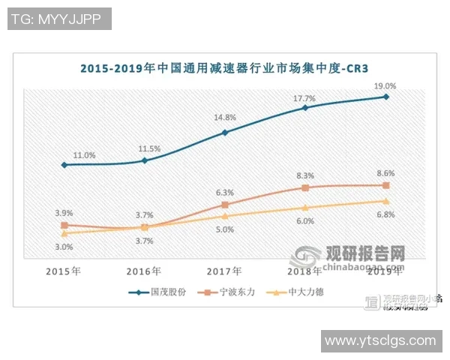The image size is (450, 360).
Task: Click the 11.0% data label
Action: coord(83,154)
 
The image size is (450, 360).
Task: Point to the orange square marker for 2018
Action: coord(305,187)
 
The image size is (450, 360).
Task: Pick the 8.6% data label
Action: coord(386,174)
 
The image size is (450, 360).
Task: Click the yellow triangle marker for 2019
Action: coord(386,201)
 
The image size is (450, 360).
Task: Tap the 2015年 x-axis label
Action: coord(64,271)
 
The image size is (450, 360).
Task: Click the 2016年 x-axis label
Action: coord(145,271)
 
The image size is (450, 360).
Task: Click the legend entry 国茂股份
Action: coord(157,292)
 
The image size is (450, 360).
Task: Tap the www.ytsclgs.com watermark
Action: coord(380,341)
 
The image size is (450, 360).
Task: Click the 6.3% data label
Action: coord(225,192)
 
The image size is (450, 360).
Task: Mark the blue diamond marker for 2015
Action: coord(64,164)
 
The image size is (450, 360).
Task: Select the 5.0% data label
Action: coord(225,229)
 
